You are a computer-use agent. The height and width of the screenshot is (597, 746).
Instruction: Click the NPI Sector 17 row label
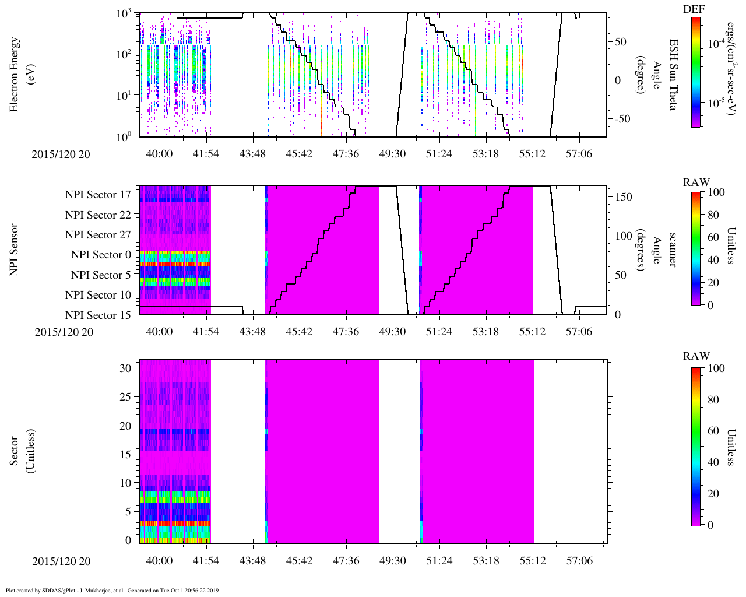tap(98, 195)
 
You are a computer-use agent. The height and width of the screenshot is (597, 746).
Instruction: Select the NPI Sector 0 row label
tap(101, 255)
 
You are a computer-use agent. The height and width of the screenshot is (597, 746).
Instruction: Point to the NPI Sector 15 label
tap(98, 315)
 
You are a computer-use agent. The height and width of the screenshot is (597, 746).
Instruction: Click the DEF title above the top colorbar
tap(694, 9)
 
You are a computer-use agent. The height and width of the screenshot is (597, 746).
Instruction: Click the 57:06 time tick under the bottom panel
tap(579, 561)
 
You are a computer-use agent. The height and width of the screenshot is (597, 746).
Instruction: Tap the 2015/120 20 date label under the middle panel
tap(64, 332)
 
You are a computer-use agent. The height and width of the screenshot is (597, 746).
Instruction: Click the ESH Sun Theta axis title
tap(673, 75)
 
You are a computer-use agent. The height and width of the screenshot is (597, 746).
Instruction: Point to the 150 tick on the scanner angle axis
tap(624, 197)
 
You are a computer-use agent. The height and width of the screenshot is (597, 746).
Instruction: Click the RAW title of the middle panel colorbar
tap(696, 182)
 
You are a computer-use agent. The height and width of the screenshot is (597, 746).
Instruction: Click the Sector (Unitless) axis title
tap(20, 451)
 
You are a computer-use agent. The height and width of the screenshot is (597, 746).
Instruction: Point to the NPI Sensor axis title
tap(14, 250)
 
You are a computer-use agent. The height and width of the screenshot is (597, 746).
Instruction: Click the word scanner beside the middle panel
tap(673, 250)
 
